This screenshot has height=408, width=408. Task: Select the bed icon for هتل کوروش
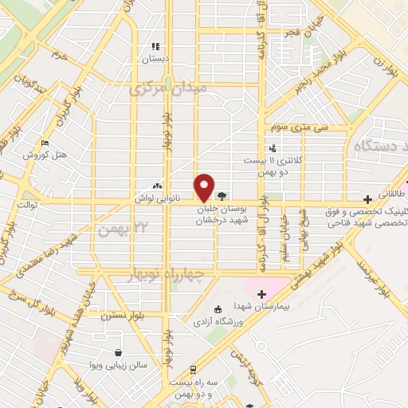(x=45, y=143)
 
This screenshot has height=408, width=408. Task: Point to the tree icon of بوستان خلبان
(x=221, y=194)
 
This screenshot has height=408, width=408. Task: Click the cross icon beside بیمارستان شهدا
(x=261, y=295)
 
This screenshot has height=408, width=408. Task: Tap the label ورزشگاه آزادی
(x=216, y=322)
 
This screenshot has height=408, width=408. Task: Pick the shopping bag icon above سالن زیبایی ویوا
(x=119, y=352)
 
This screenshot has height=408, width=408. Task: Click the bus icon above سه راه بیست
(x=193, y=370)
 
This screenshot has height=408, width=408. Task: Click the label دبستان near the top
(x=156, y=59)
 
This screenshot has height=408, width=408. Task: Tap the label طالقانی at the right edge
(x=392, y=194)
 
